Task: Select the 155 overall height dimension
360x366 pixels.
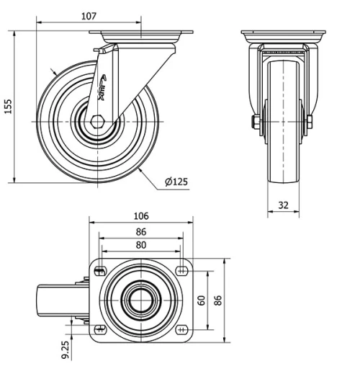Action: click(8, 107)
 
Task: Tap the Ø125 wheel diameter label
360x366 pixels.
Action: click(176, 182)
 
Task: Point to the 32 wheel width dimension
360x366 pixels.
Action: click(283, 205)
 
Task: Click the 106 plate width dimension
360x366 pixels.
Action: click(140, 216)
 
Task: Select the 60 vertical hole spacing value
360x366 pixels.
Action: click(202, 299)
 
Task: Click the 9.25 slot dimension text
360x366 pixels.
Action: click(66, 349)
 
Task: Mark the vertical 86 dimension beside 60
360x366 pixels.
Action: click(218, 299)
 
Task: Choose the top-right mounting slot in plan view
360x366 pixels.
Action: click(182, 271)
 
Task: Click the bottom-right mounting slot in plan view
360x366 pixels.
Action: click(182, 330)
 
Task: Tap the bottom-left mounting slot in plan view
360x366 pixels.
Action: click(99, 330)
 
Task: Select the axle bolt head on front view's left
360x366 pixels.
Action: click(255, 122)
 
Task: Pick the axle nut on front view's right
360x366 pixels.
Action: click(309, 122)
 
